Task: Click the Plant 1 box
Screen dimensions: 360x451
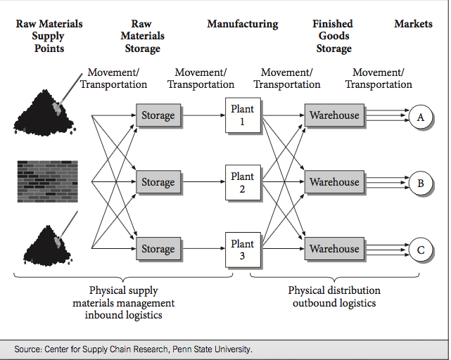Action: point(243,115)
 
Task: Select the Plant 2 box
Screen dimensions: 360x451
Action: point(243,182)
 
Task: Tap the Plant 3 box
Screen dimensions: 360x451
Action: point(243,250)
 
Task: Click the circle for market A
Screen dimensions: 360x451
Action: point(421,117)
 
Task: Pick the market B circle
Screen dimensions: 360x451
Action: point(421,184)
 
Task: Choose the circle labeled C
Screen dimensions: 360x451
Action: point(421,250)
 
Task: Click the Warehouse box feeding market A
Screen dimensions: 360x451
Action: point(334,115)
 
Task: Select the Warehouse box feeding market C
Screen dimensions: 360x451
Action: point(334,249)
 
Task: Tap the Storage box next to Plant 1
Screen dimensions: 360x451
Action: point(158,115)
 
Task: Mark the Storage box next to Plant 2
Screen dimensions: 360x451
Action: point(158,182)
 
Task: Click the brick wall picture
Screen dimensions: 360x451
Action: point(47,181)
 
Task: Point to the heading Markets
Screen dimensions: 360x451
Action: point(413,24)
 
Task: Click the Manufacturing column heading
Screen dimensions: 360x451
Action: point(243,24)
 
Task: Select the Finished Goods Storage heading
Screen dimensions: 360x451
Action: point(334,36)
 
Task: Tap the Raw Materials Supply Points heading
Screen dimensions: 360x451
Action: point(49,36)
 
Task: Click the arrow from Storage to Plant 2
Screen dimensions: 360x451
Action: point(203,182)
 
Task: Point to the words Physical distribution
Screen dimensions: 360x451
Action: point(334,290)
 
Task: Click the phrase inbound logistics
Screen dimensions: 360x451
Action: point(124,315)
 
